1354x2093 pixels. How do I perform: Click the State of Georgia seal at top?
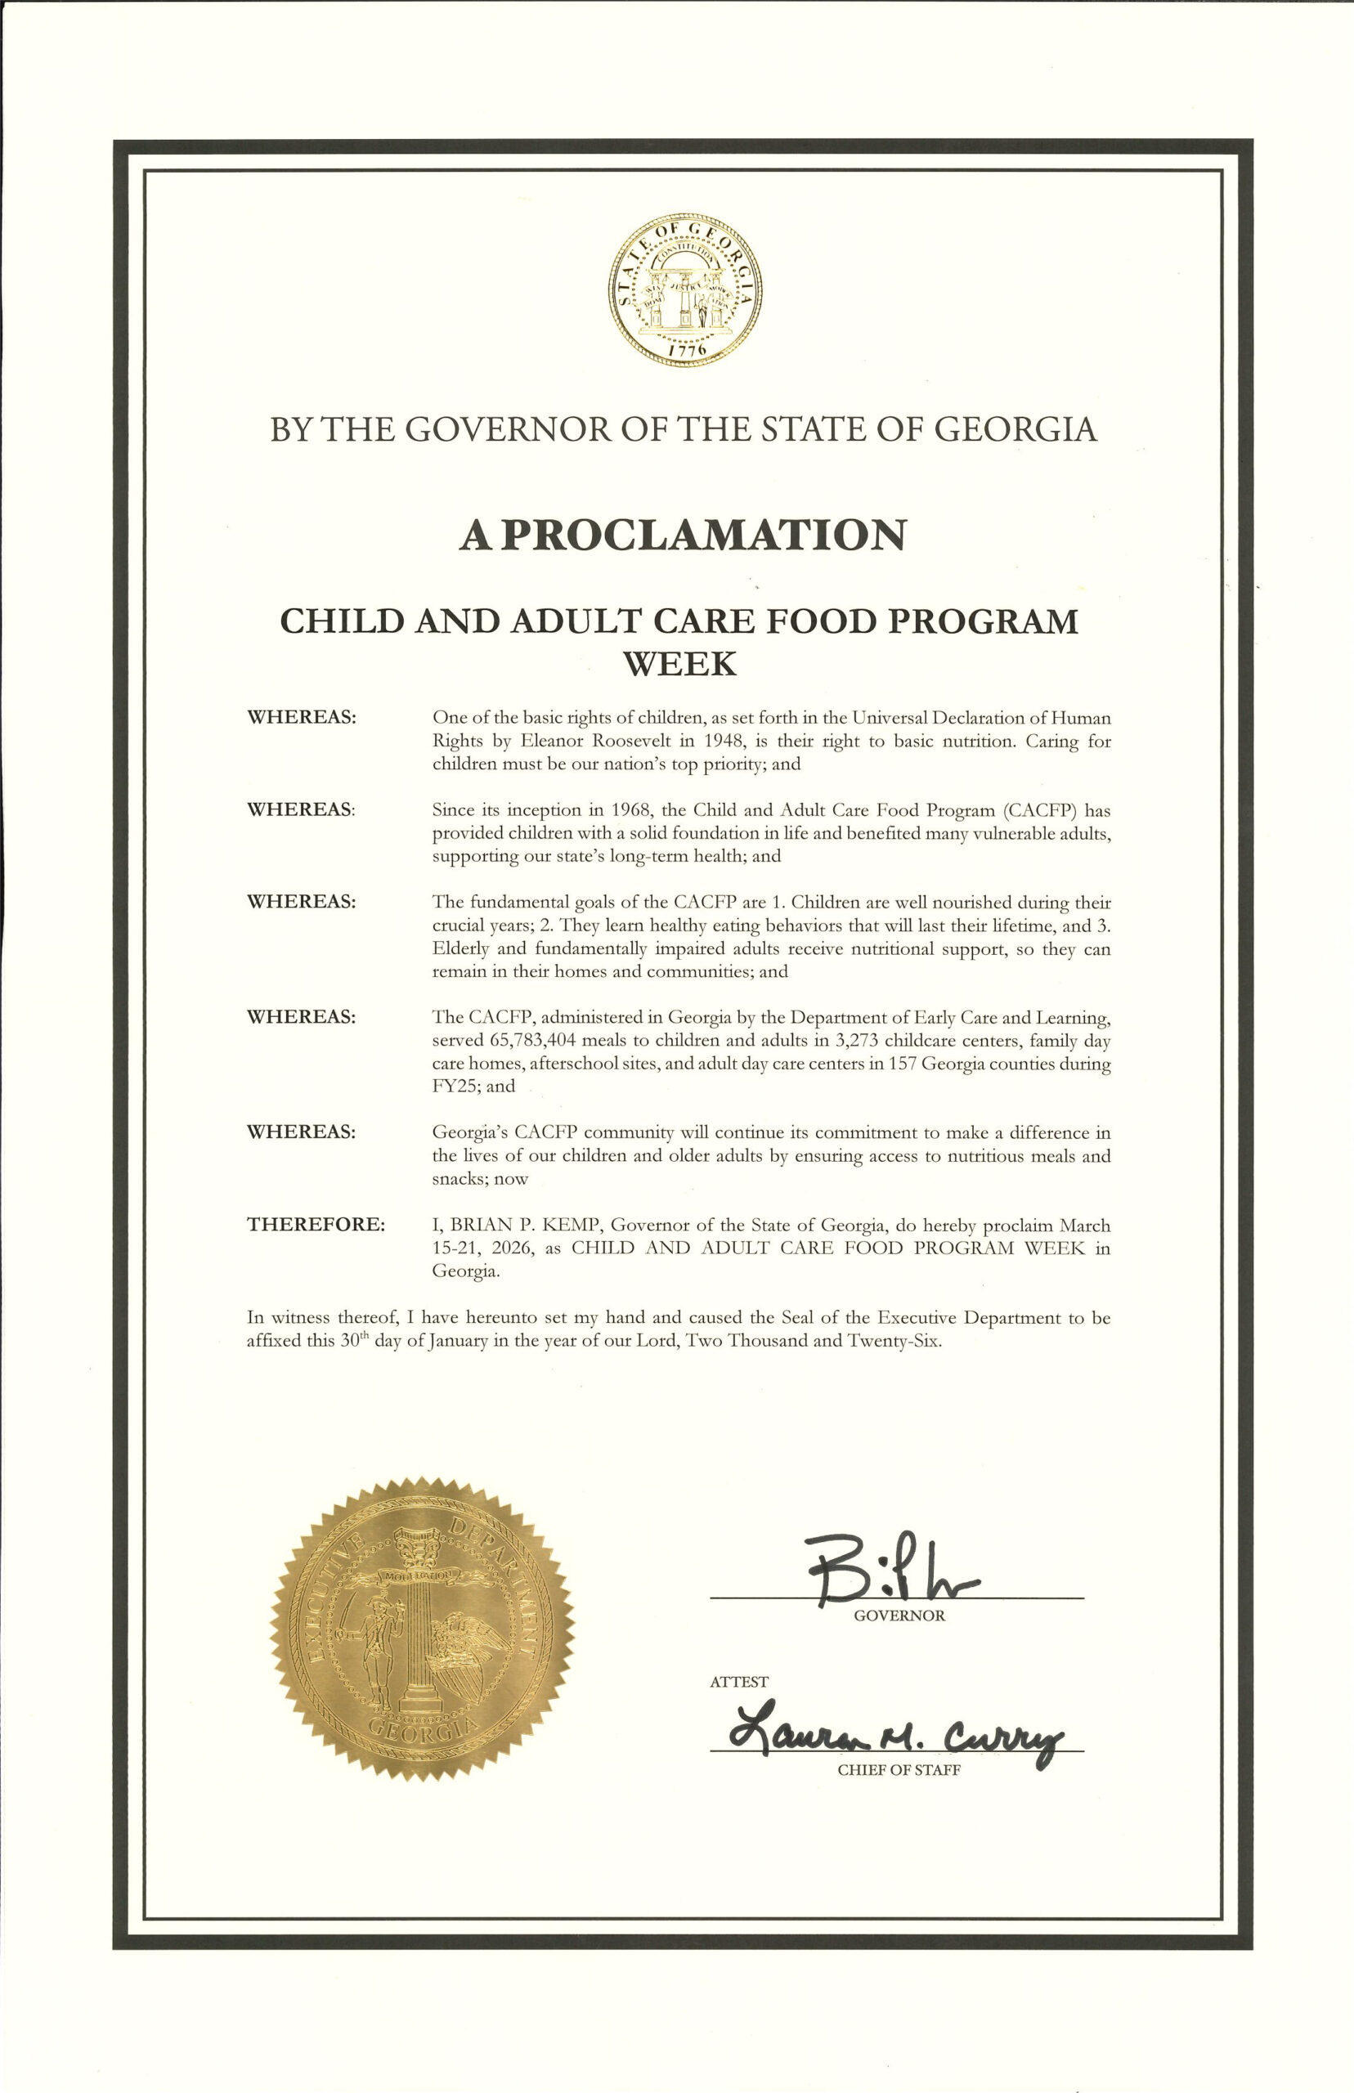[x=685, y=289]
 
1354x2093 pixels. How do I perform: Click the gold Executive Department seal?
[x=422, y=1629]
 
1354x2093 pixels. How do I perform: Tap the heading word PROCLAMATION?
[x=702, y=535]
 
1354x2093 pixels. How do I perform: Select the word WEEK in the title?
[x=679, y=664]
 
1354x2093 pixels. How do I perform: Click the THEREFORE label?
[x=316, y=1225]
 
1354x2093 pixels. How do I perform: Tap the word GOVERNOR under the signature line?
[x=899, y=1616]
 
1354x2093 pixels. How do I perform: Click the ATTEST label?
[x=738, y=1682]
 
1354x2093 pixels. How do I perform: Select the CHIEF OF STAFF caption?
[x=899, y=1770]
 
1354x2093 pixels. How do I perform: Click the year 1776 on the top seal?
[x=687, y=351]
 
